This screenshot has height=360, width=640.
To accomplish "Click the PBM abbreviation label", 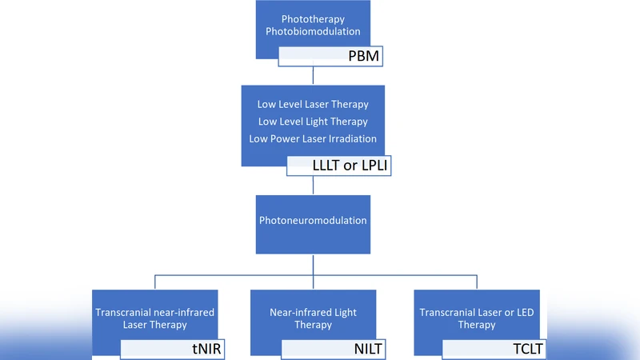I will point(363,57).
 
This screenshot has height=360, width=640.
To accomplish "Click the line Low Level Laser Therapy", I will point(313,104).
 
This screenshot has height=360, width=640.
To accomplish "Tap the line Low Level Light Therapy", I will point(313,122).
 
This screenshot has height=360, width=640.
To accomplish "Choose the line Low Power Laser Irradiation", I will point(313,139).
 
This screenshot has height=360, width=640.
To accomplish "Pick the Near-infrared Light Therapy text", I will point(313,318).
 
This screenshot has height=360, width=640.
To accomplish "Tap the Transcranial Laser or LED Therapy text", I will point(477,318).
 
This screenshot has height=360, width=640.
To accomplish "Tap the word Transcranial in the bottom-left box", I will point(126,312).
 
